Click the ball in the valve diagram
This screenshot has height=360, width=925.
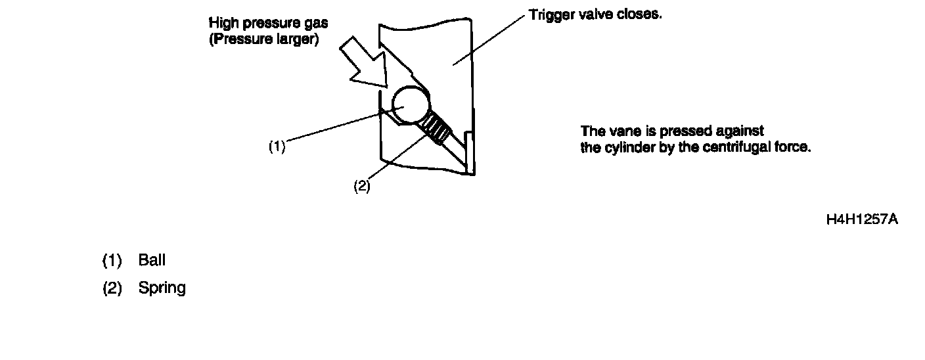click(x=411, y=106)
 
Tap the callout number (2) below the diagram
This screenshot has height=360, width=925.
click(x=362, y=187)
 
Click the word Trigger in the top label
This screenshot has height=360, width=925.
click(x=548, y=14)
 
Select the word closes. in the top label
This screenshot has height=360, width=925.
click(x=640, y=14)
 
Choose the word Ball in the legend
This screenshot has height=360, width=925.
click(x=152, y=260)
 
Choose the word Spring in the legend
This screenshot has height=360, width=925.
click(x=162, y=288)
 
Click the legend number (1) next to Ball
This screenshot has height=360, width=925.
click(x=112, y=261)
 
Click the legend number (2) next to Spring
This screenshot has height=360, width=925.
click(x=112, y=288)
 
